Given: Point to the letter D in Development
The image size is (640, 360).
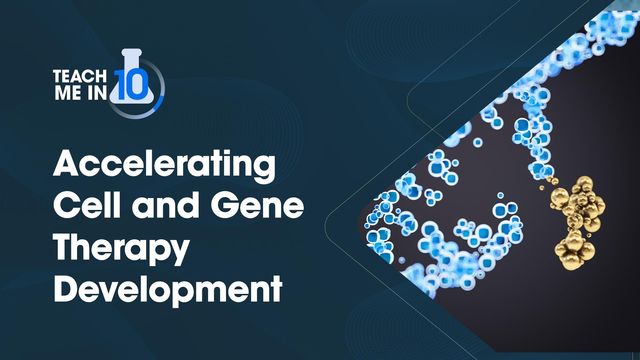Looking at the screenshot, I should tap(65, 291).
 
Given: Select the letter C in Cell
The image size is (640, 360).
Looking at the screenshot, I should tap(65, 206).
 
